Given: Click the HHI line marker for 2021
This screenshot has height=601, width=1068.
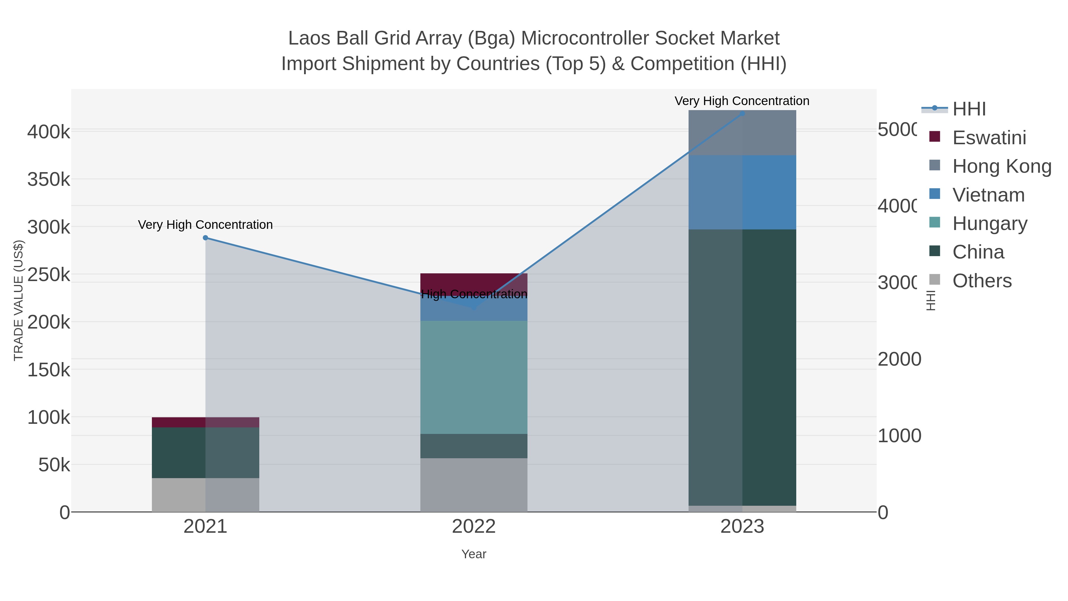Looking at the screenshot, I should pyautogui.click(x=205, y=238).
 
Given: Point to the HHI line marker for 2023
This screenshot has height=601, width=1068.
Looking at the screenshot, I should pyautogui.click(x=742, y=113).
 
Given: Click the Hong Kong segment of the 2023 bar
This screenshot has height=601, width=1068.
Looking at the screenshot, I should pyautogui.click(x=742, y=133).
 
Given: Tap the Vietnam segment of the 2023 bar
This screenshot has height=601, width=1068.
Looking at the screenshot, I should pyautogui.click(x=742, y=192).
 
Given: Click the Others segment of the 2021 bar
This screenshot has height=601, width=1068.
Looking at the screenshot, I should pyautogui.click(x=205, y=495).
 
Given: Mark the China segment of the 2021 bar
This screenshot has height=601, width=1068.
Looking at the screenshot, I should pyautogui.click(x=205, y=453).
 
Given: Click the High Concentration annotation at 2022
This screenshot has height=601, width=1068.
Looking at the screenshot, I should pyautogui.click(x=474, y=294).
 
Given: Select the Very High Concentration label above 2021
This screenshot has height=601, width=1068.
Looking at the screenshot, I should pyautogui.click(x=205, y=224).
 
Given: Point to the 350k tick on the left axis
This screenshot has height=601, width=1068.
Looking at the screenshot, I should pyautogui.click(x=49, y=180).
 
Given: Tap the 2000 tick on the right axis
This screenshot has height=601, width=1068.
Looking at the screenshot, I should pyautogui.click(x=899, y=359).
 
